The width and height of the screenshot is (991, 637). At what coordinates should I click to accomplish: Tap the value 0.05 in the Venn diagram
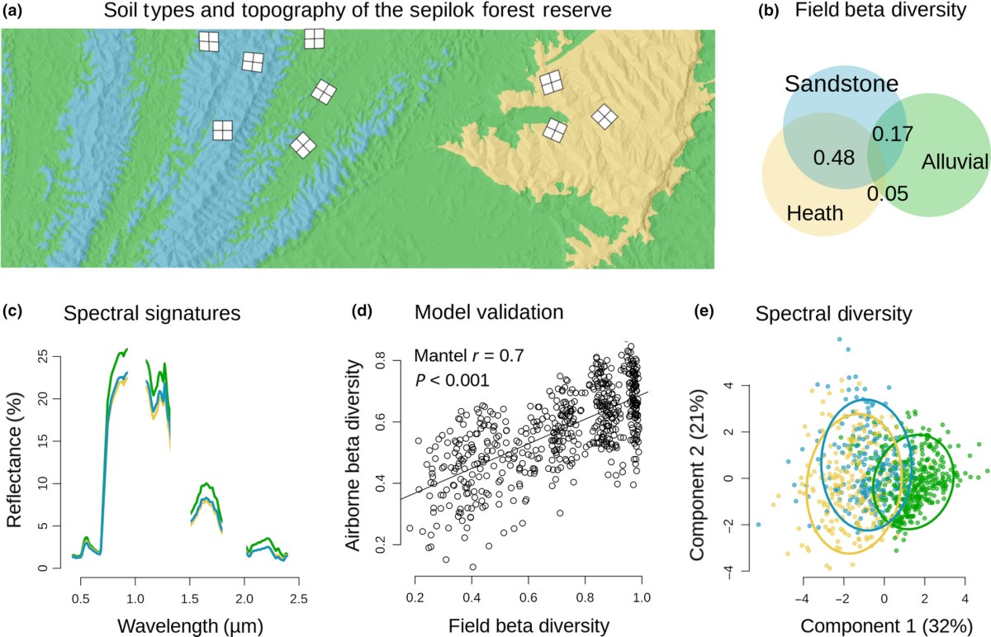tap(888, 194)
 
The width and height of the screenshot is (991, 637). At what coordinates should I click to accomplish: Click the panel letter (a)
tap(14, 12)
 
